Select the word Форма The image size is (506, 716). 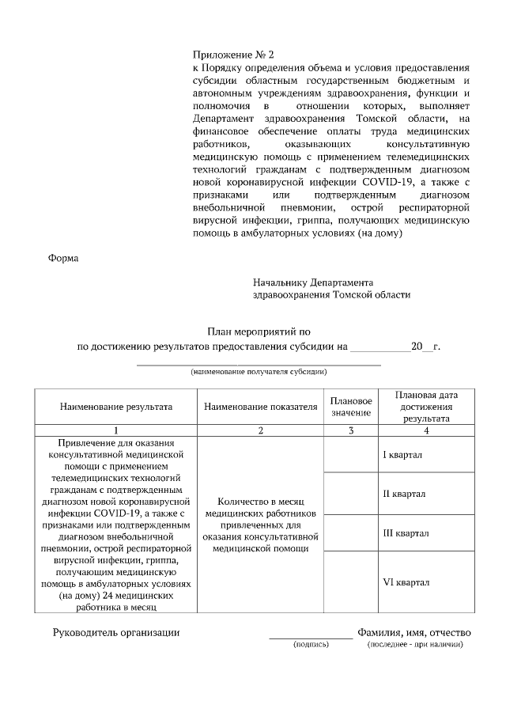64,258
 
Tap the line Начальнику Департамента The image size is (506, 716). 313,282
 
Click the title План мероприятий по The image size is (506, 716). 260,333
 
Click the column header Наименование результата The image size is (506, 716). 116,407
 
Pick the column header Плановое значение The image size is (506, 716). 351,407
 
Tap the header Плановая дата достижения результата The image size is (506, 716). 427,407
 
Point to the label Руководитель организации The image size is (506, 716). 116,632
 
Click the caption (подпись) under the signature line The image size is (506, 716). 311,645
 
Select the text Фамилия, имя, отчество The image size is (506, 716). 413,632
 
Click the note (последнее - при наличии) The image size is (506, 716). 415,645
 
